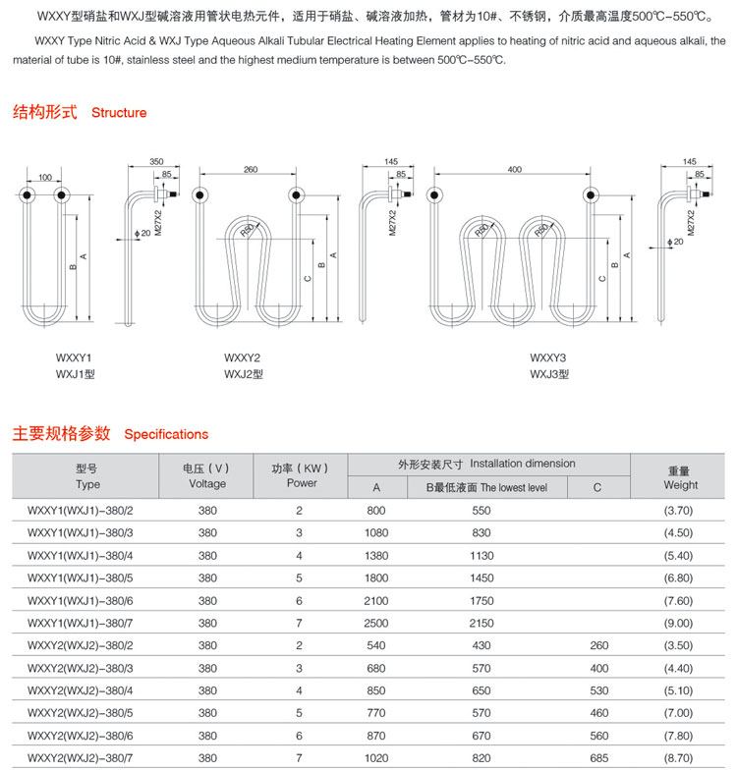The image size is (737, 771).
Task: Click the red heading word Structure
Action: pyautogui.click(x=119, y=113)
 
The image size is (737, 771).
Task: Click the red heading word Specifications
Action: pyautogui.click(x=167, y=434)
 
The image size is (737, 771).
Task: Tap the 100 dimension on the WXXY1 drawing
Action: pyautogui.click(x=45, y=177)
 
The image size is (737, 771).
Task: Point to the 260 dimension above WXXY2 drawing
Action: pyautogui.click(x=250, y=170)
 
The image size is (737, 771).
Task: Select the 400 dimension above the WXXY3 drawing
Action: pyautogui.click(x=514, y=170)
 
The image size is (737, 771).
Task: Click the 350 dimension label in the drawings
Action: pyautogui.click(x=156, y=161)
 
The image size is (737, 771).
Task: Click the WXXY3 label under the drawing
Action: pyautogui.click(x=548, y=358)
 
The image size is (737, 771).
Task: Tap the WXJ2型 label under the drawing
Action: pyautogui.click(x=244, y=373)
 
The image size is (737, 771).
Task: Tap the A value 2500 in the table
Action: pyautogui.click(x=376, y=623)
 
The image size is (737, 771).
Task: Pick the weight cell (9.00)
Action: pyautogui.click(x=678, y=623)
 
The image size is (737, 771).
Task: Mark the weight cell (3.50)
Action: pyautogui.click(x=678, y=645)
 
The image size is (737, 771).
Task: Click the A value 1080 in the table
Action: pyautogui.click(x=376, y=532)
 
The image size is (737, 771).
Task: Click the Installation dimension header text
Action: pyautogui.click(x=486, y=464)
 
